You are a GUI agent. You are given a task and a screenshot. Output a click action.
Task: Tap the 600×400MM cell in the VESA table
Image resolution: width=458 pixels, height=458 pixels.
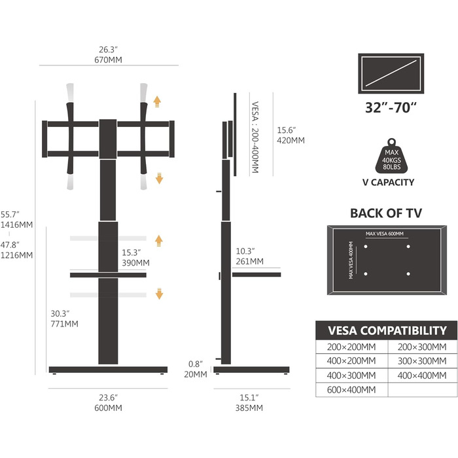tap(351, 390)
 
